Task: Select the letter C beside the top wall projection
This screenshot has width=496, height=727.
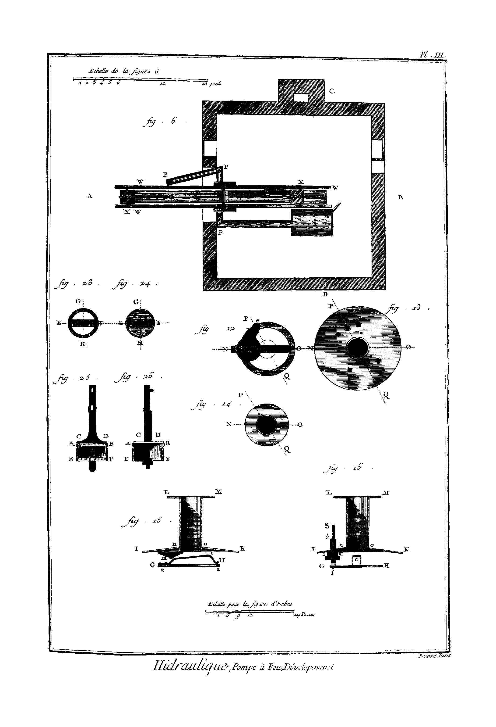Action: point(332,91)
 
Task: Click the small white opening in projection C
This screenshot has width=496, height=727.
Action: point(301,98)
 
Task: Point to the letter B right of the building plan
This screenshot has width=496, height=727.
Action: point(400,197)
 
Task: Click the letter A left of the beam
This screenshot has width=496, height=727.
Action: point(90,196)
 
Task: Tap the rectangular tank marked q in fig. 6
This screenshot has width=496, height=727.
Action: point(312,222)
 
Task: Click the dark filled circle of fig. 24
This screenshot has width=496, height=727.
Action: point(140,323)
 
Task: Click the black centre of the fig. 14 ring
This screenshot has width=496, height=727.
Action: point(266,425)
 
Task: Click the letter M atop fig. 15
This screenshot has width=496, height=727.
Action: point(218,492)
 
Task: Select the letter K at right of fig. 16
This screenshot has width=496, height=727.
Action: point(406,549)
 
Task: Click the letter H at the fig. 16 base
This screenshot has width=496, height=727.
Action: point(386,565)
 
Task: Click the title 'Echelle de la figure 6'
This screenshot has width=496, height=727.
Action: point(124,71)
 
